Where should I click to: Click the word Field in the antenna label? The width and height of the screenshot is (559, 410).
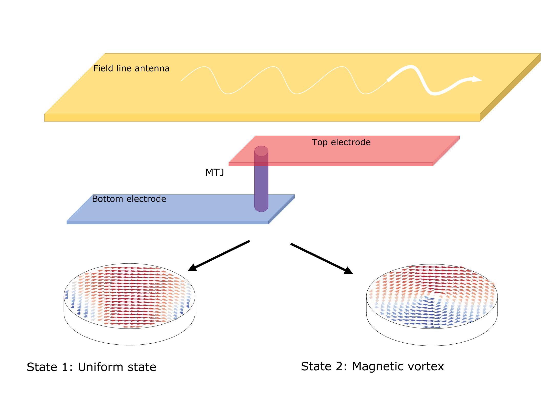[x=103, y=68]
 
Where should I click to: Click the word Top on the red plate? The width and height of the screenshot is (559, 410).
[x=319, y=142]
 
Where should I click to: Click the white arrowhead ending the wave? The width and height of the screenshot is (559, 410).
[x=477, y=79]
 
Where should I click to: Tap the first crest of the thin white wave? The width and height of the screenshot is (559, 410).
[x=204, y=67]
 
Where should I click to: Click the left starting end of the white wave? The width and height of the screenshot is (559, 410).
[x=182, y=81]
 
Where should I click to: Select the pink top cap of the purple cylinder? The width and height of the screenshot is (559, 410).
[x=261, y=151]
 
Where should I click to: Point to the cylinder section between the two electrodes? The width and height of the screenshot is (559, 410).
[x=261, y=181]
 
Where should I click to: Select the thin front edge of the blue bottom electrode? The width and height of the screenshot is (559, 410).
[x=168, y=222]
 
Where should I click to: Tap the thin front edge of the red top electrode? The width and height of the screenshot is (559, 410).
[x=330, y=164]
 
